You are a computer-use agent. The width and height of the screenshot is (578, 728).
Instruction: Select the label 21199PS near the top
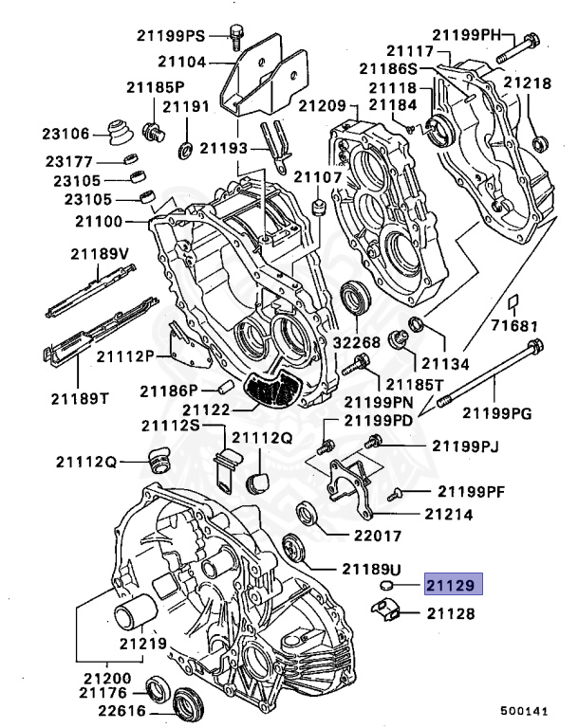coord(168,37)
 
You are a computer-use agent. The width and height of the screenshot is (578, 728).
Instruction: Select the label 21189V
coord(98,254)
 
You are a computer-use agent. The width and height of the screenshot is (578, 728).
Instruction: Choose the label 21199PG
coord(496,411)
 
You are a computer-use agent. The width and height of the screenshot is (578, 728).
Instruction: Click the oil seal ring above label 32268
coord(355,298)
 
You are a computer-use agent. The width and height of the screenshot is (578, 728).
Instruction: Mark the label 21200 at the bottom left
coord(107,679)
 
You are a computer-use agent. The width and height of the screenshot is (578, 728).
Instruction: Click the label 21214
coord(450,515)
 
